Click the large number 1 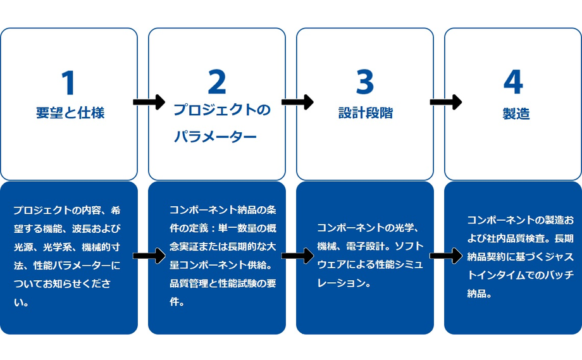click(69, 82)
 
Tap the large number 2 click(217, 82)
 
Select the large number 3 click(365, 82)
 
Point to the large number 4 click(513, 82)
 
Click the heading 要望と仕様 click(70, 113)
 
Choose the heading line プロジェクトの click(222, 110)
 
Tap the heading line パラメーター click(215, 137)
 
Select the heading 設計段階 click(366, 113)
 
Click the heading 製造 click(516, 113)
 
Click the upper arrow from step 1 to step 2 click(149, 102)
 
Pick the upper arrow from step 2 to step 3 click(298, 102)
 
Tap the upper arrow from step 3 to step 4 click(446, 102)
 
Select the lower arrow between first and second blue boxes click(149, 256)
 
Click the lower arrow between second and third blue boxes click(298, 256)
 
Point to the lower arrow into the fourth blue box click(446, 256)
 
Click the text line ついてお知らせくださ click(63, 283)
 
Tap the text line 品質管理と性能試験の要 click(223, 283)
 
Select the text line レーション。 click(344, 283)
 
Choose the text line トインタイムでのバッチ click(521, 275)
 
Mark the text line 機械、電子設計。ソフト click(370, 246)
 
